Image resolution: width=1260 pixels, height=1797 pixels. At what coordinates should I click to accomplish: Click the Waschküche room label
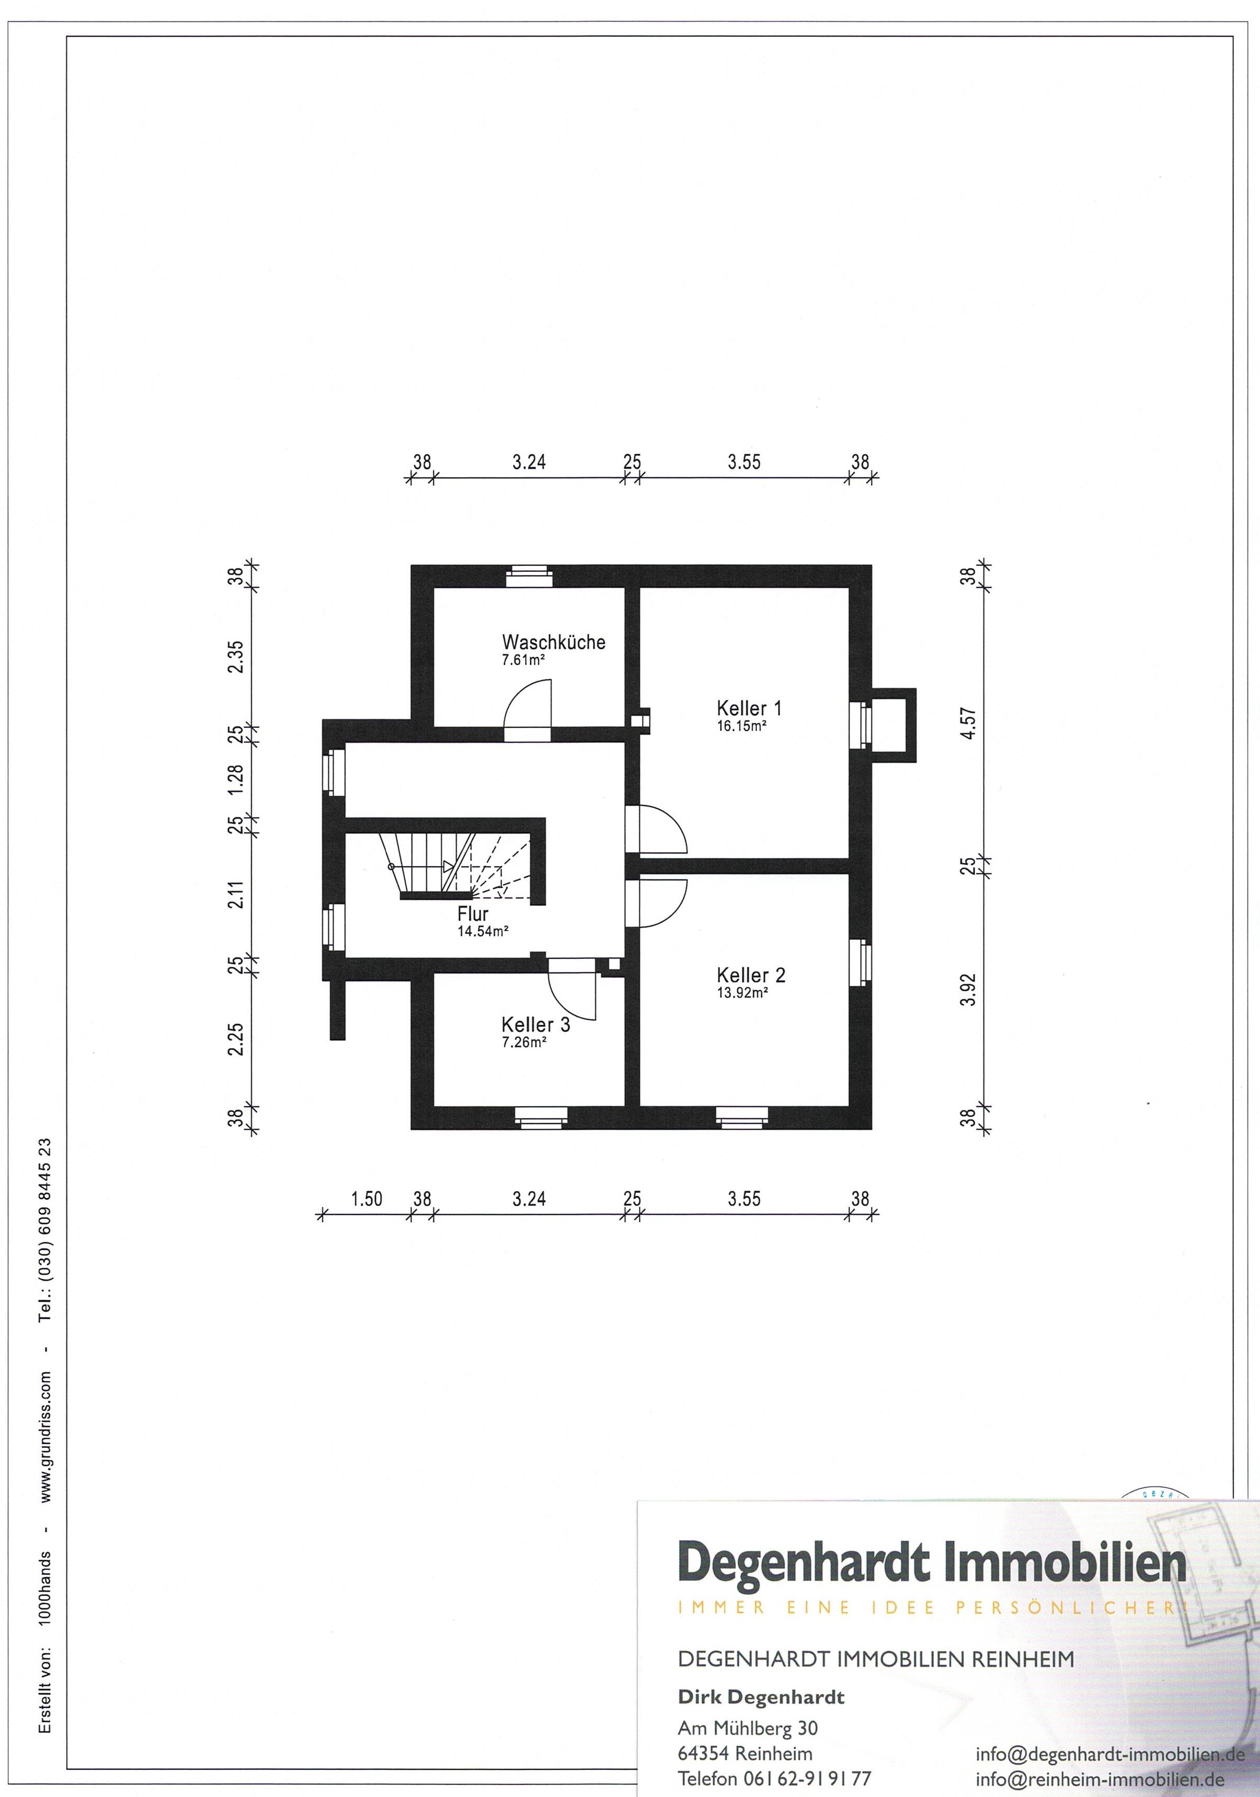553,642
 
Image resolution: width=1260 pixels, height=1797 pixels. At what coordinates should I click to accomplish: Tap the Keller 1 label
749,708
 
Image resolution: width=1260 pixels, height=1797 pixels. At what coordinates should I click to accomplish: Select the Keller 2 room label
751,975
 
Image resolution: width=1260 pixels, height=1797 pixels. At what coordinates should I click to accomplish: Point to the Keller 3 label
535,1025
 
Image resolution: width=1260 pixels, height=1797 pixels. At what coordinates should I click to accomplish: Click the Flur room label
473,913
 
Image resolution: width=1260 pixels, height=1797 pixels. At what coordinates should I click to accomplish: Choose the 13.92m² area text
742,992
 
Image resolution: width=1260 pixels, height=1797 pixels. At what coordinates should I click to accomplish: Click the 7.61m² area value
523,660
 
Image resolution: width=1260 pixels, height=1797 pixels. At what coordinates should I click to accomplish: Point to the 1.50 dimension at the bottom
366,1198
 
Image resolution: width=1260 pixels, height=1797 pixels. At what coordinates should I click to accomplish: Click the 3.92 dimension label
969,989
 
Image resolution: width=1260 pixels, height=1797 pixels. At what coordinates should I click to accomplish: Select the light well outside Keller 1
892,725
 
